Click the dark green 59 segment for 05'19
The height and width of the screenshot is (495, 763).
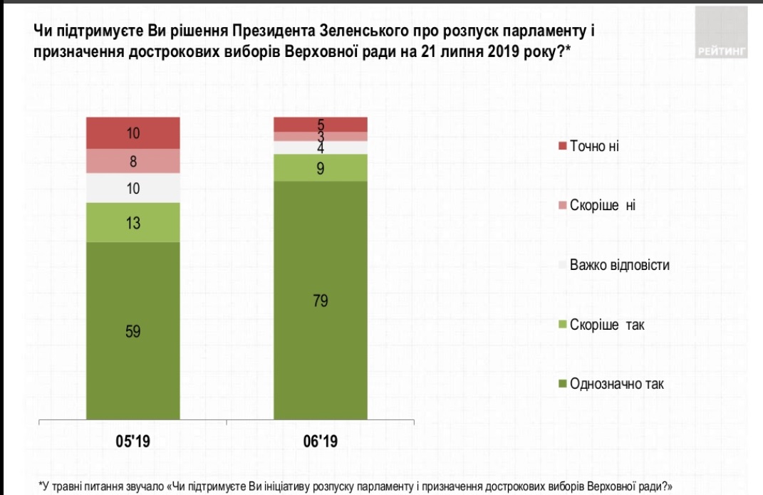[x=133, y=331]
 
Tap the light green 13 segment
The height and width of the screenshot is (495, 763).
[x=133, y=223]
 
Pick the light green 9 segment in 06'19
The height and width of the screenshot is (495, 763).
[x=321, y=168]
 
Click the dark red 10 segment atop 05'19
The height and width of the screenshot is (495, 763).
[x=133, y=132]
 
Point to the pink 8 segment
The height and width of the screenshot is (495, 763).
[x=133, y=162]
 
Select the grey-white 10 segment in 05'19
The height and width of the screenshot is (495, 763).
[x=133, y=189]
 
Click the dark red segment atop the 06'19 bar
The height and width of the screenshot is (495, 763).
[x=321, y=124]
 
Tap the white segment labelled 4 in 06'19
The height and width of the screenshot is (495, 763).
[x=321, y=147]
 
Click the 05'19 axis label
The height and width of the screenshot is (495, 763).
[x=133, y=442]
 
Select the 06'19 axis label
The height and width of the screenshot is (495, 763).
[x=321, y=442]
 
